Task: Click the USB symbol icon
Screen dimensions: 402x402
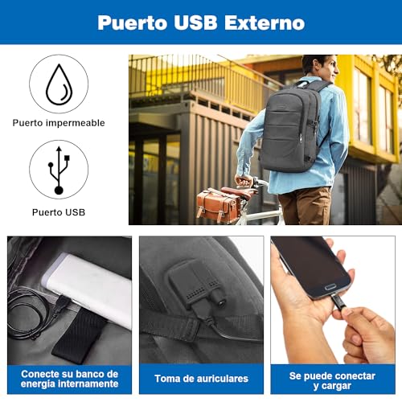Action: (x=59, y=169)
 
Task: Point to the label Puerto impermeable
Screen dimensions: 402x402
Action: (x=59, y=123)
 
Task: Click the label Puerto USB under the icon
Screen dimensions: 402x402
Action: (x=59, y=212)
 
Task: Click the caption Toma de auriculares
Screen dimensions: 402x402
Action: (x=201, y=378)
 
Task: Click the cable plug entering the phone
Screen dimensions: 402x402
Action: (x=338, y=301)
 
